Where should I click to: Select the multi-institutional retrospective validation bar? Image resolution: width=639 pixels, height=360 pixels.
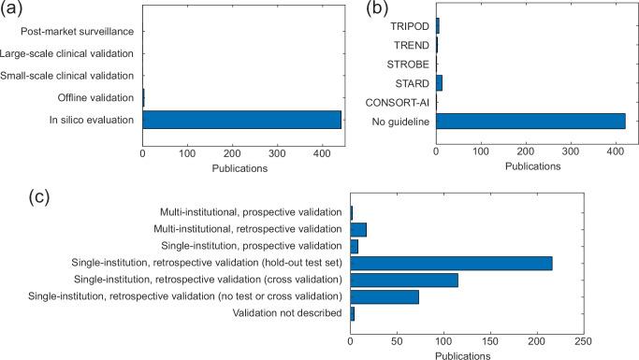coord(358,229)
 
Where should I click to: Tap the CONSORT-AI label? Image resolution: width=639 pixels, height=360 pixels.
coord(397,102)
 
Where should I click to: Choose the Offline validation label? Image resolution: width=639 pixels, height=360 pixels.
coord(94,96)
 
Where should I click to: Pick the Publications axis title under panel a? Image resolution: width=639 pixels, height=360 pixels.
coord(241,168)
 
